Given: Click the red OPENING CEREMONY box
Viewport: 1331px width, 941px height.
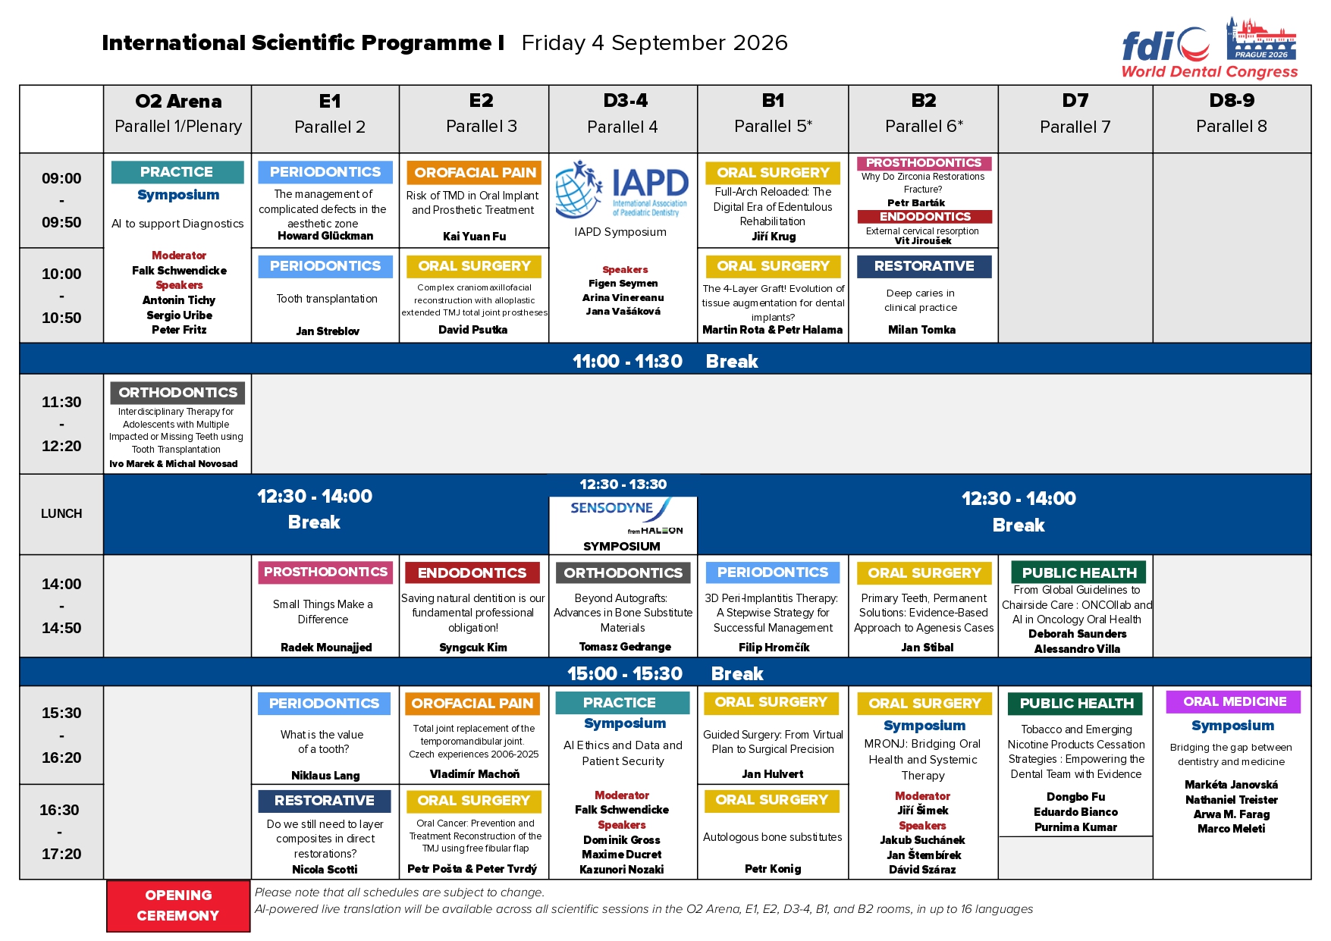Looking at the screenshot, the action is coord(178,905).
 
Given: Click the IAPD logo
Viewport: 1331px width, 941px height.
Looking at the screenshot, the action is coord(622,189).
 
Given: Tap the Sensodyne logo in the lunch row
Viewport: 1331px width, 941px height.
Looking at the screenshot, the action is coord(623,517).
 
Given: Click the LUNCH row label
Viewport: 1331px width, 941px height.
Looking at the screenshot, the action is coord(61,513).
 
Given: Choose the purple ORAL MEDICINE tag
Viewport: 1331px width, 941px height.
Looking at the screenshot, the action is coord(1234,701).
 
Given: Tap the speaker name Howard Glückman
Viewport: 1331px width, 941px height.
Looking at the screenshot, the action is coord(325,236).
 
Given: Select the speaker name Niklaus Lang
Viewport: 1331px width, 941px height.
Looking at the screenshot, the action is coord(325,775).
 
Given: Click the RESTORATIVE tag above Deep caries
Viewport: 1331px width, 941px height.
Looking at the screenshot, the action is coord(924,266).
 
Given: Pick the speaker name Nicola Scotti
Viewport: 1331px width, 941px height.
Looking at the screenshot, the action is coord(325,869).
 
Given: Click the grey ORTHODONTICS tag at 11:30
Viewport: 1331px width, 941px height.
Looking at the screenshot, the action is coord(177,392).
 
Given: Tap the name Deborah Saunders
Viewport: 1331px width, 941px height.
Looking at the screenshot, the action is coord(1077,634).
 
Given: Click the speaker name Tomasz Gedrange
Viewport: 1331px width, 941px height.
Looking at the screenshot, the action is coord(625,647).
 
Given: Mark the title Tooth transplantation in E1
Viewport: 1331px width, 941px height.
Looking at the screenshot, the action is coord(327,299).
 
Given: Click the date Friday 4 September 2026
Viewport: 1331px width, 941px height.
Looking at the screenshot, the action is coord(655,42).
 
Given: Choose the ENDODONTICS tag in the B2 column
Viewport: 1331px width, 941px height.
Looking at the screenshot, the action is coord(924,217).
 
